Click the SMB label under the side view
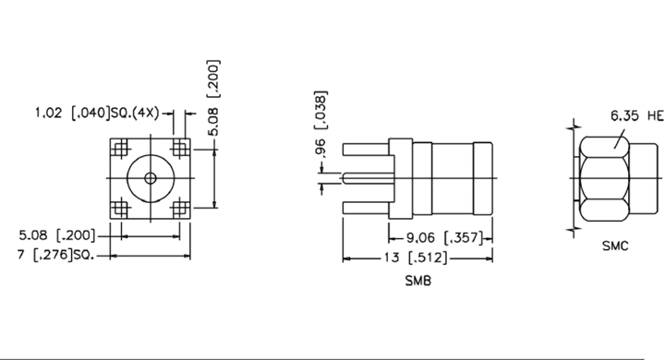418,281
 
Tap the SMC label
615,246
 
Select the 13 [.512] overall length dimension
416,258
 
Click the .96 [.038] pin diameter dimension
321,124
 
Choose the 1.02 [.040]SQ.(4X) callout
97,114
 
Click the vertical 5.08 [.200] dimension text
213,98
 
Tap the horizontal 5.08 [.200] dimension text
57,234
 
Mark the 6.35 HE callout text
637,115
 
